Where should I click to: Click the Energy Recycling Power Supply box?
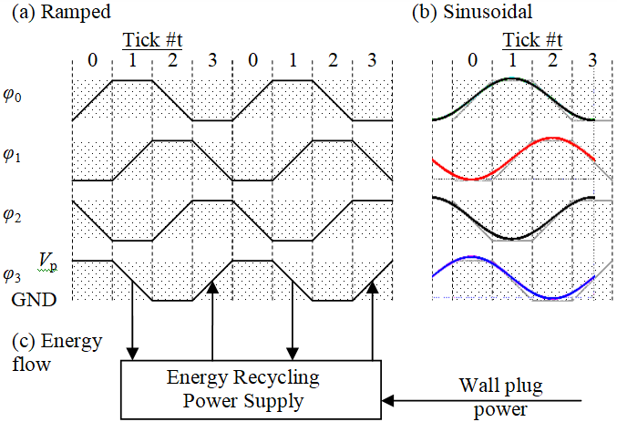[x=251, y=390]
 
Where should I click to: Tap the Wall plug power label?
[x=501, y=396]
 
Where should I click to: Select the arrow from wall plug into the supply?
[x=481, y=401]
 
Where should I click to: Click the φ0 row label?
[x=12, y=95]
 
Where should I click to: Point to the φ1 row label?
[x=12, y=155]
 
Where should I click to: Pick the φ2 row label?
[x=12, y=215]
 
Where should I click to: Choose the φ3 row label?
[x=12, y=275]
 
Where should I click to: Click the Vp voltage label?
[x=48, y=262]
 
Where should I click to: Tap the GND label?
[x=35, y=300]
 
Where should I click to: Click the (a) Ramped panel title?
[x=61, y=12]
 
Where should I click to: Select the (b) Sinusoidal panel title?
[x=472, y=12]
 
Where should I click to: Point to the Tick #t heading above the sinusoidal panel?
[x=532, y=40]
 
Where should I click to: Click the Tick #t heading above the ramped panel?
[x=152, y=40]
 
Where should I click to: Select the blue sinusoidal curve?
[x=513, y=277]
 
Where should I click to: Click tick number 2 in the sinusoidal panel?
[x=552, y=60]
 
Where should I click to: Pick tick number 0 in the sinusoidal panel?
[x=473, y=60]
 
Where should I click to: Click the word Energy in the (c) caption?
[x=72, y=342]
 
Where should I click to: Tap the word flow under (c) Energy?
[x=32, y=365]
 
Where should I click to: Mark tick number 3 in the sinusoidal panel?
[x=592, y=60]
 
